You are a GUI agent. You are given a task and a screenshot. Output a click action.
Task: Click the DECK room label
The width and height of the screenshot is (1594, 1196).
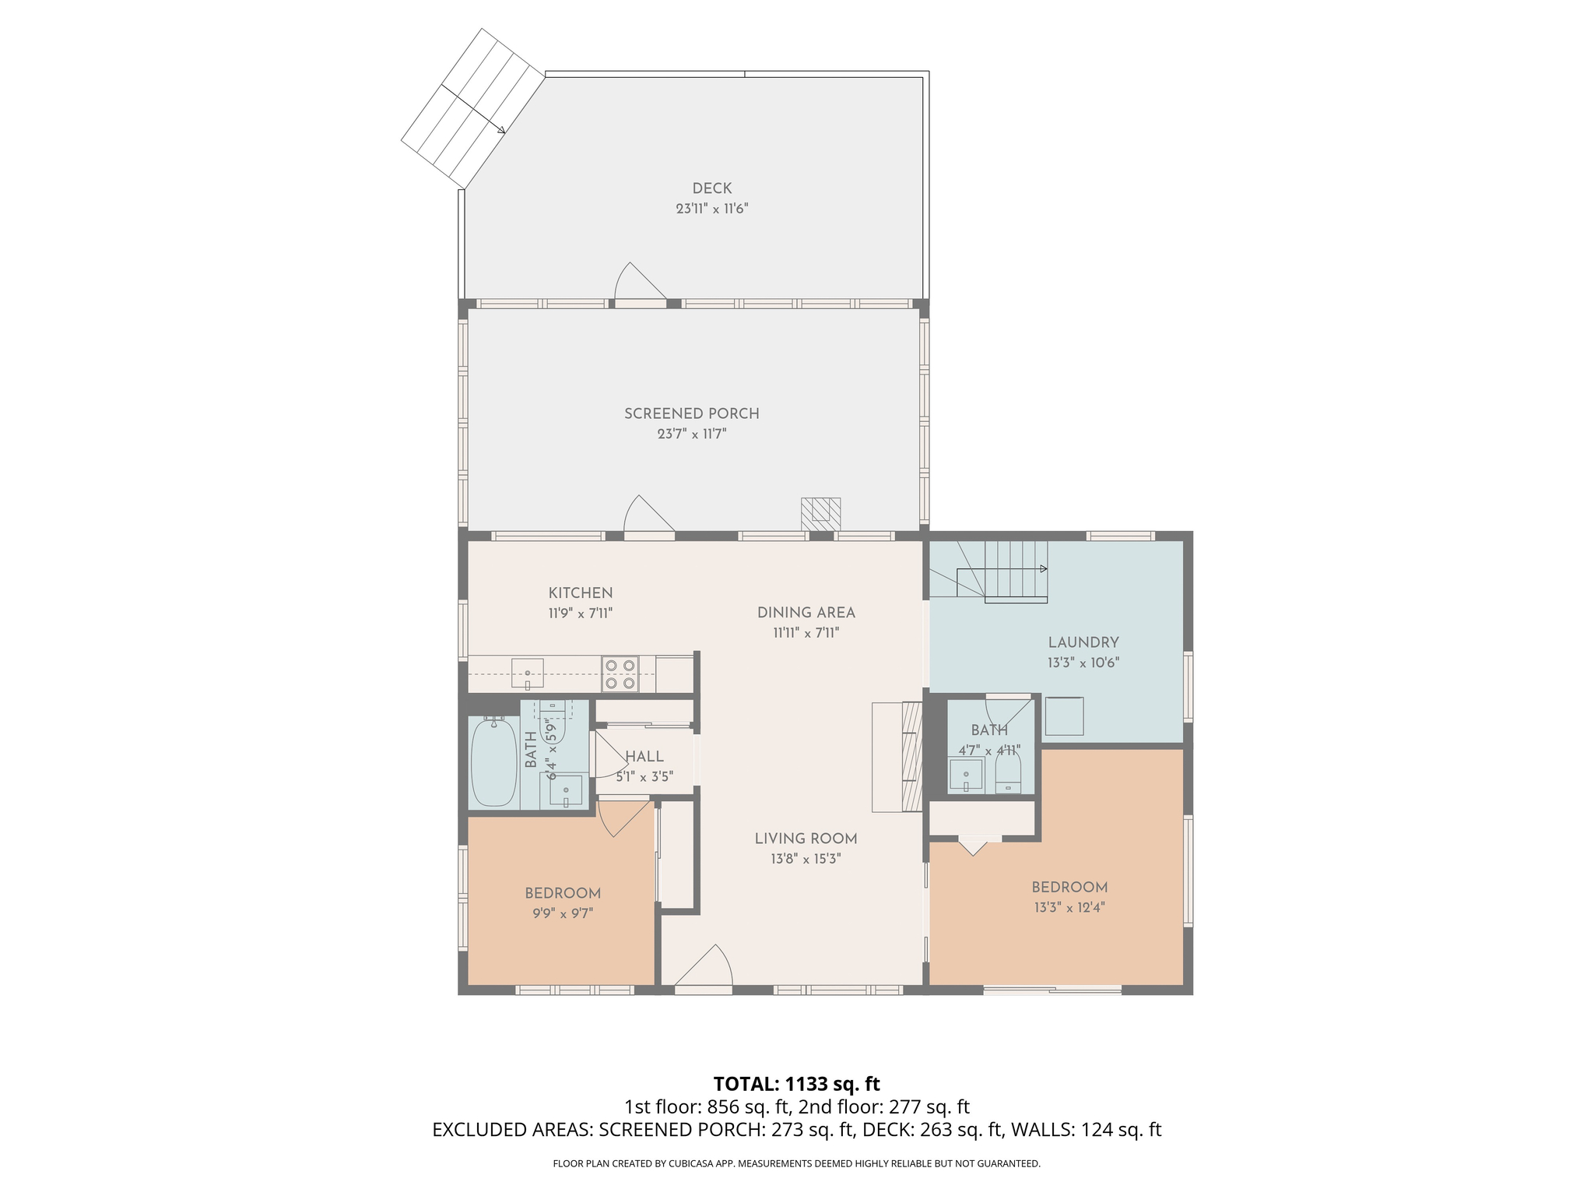tap(711, 188)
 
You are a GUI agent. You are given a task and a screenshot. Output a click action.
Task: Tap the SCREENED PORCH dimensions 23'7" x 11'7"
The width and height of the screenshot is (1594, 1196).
tap(691, 434)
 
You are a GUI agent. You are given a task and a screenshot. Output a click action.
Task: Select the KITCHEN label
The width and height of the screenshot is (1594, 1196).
tap(580, 593)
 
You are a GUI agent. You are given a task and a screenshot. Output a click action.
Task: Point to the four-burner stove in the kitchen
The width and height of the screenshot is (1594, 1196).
tap(620, 674)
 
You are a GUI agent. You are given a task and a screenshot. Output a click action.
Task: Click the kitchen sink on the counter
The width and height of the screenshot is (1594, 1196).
tap(527, 674)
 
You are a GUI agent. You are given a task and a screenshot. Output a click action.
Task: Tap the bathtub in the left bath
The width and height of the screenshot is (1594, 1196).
tap(494, 762)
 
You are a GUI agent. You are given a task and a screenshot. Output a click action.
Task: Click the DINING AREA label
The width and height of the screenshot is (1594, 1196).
tap(806, 613)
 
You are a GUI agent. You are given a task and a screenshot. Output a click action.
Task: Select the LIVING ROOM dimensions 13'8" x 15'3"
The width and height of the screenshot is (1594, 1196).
tap(806, 860)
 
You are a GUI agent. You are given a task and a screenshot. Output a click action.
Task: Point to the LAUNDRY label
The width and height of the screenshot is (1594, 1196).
tap(1083, 643)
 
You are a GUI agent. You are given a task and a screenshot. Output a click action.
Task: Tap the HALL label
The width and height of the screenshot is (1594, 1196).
tap(644, 757)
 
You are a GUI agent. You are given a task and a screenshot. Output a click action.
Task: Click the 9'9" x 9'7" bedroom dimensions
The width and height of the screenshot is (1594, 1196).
tap(562, 914)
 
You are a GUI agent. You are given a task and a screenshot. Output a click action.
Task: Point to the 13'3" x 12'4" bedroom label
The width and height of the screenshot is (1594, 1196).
tap(1069, 888)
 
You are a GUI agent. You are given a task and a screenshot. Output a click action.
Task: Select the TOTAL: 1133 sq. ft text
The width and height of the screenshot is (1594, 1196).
tap(796, 1084)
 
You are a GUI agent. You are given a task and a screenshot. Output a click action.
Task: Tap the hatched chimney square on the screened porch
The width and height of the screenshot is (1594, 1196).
tap(820, 510)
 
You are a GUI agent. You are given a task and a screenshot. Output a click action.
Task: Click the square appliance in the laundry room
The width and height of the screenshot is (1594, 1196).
tap(1064, 716)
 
